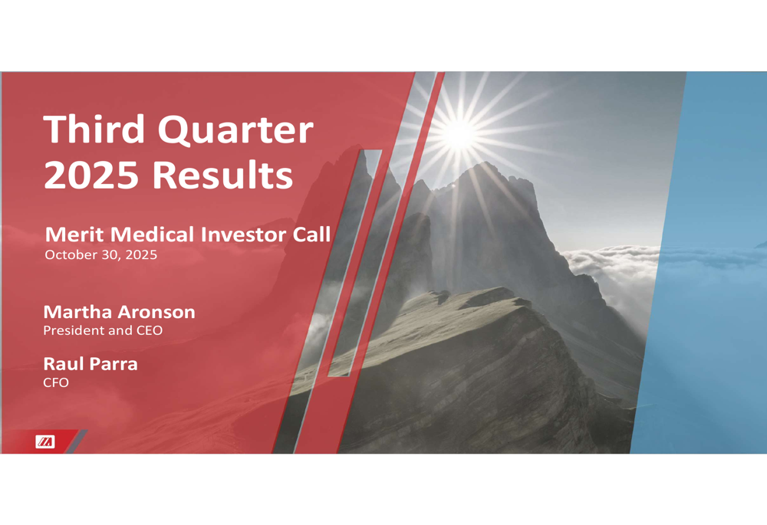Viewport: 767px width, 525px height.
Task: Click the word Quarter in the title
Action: [x=235, y=130]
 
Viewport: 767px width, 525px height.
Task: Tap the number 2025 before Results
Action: [x=91, y=175]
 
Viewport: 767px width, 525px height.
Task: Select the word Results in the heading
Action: [x=222, y=175]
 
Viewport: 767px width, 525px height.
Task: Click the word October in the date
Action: [x=71, y=255]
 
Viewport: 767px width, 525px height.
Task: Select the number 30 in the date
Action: [x=110, y=255]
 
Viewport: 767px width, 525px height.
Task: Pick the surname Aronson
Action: [x=155, y=312]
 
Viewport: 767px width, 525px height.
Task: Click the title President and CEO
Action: [x=102, y=331]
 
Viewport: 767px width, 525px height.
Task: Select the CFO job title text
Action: [x=55, y=382]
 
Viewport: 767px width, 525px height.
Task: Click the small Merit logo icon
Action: [x=45, y=441]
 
